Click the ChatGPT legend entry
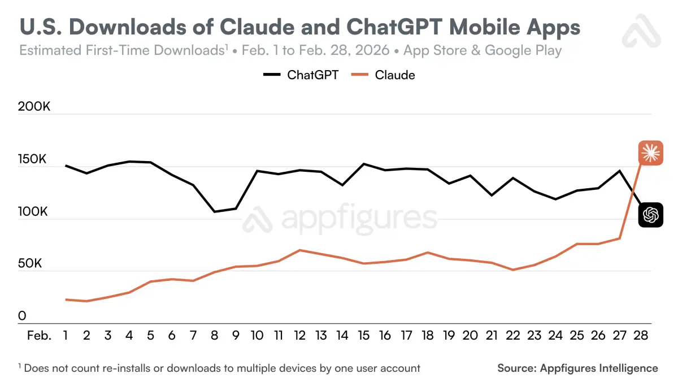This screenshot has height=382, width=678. click(x=301, y=75)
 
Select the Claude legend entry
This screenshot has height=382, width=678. click(x=384, y=75)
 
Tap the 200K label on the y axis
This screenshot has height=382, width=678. click(x=35, y=107)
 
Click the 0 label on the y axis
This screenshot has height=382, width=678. click(x=22, y=316)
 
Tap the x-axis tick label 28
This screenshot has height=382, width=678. click(x=641, y=336)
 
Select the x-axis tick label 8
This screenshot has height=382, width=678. click(x=215, y=336)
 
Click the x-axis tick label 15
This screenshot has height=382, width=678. click(x=364, y=336)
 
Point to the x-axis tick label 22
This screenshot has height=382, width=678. click(x=513, y=336)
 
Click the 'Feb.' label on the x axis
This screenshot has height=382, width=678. click(x=39, y=336)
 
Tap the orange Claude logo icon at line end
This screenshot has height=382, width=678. click(x=650, y=153)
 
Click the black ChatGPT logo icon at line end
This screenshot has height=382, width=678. click(x=650, y=215)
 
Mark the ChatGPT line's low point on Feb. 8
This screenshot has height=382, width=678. click(x=215, y=212)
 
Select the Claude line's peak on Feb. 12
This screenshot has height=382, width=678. click(x=300, y=250)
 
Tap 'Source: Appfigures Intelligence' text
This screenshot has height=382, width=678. click(x=577, y=368)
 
